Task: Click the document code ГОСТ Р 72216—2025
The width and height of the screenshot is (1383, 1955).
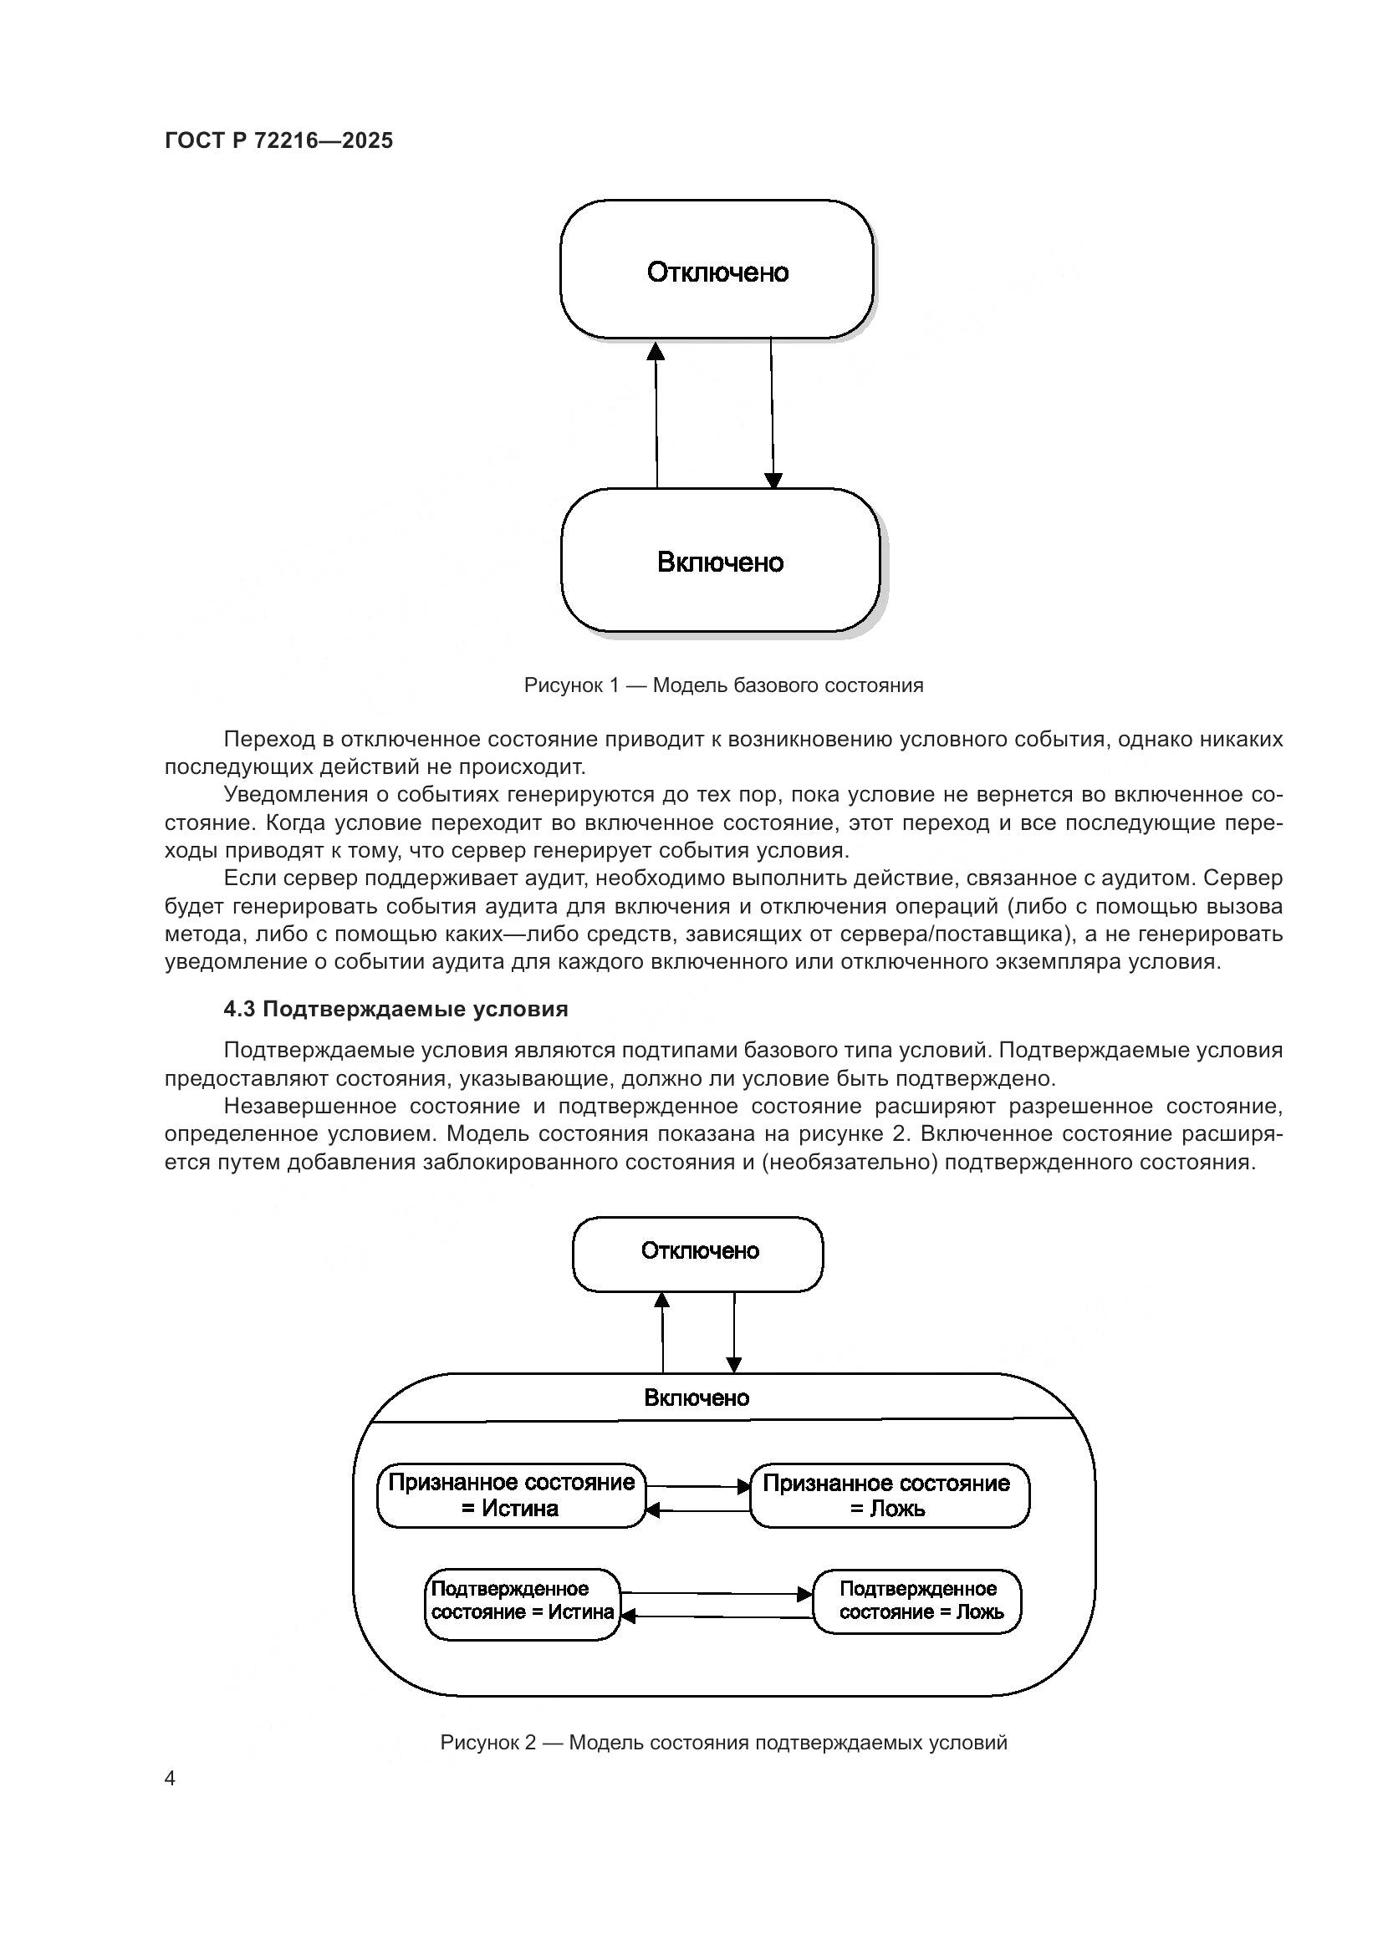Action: (278, 140)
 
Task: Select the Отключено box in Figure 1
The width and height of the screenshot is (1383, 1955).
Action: (717, 271)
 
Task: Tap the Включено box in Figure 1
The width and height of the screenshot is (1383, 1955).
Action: (720, 561)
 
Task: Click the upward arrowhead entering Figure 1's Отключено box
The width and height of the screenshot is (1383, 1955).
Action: (655, 351)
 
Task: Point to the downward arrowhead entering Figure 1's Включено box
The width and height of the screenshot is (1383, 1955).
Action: (773, 480)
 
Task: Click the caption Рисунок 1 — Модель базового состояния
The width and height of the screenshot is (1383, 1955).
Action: (723, 685)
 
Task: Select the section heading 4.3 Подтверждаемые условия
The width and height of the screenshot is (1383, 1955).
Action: (396, 1009)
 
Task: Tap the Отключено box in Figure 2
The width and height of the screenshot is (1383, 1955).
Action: (698, 1251)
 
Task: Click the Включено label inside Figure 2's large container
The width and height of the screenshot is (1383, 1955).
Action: (697, 1398)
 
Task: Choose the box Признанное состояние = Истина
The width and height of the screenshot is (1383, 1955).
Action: (511, 1495)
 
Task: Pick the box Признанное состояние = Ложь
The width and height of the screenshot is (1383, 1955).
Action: (888, 1496)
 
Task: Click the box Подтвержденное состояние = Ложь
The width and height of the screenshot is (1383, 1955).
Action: (917, 1601)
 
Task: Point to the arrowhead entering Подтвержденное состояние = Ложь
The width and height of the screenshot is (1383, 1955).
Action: (804, 1594)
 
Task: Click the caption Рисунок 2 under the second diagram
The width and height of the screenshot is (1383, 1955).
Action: (723, 1743)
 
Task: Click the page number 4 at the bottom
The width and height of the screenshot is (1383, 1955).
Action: (170, 1779)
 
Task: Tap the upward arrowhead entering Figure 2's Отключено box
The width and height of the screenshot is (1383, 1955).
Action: (661, 1301)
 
